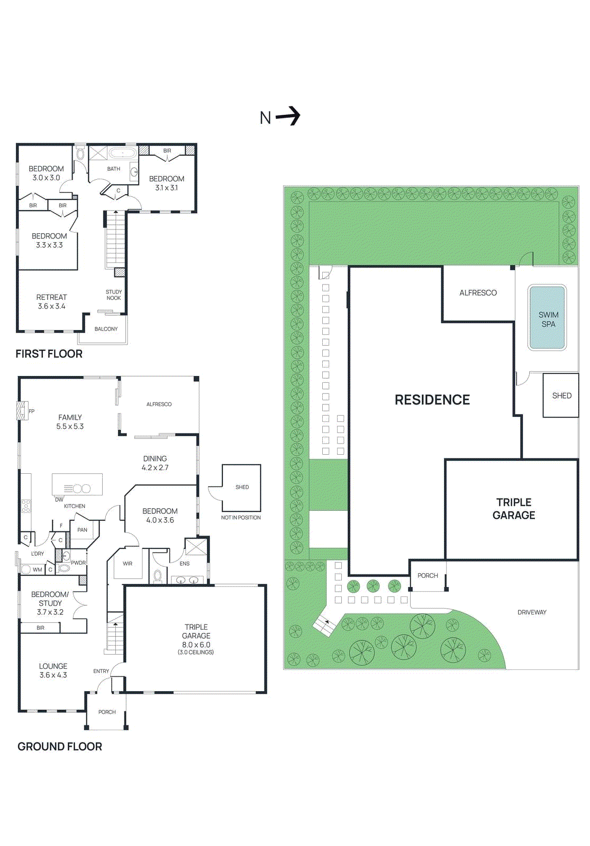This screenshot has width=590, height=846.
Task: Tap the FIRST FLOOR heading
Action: click(x=49, y=354)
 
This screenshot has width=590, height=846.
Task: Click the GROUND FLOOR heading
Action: click(x=60, y=747)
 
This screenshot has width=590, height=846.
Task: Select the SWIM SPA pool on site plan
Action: click(x=548, y=319)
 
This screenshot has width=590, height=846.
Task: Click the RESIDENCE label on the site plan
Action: click(x=432, y=400)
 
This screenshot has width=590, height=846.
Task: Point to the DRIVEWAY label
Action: click(x=532, y=612)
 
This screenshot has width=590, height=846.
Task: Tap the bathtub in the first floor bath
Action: click(x=123, y=154)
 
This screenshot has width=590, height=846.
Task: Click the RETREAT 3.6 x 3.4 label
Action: click(x=51, y=301)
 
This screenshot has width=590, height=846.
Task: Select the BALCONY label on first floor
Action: click(x=106, y=329)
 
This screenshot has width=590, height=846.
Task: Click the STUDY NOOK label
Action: click(x=114, y=295)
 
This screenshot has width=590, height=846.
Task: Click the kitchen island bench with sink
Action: click(x=77, y=484)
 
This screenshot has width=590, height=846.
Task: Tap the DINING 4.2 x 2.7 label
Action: click(x=155, y=463)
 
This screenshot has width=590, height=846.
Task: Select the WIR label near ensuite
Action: click(x=128, y=564)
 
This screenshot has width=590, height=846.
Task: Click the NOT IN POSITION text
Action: click(x=241, y=518)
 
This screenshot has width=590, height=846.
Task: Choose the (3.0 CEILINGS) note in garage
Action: click(x=196, y=652)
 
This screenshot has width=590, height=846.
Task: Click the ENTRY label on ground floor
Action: click(x=101, y=671)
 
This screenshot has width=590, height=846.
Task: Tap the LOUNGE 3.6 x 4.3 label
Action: click(x=53, y=670)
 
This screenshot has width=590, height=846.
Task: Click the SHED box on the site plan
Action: click(x=561, y=396)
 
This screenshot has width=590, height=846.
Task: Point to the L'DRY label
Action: click(x=37, y=554)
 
